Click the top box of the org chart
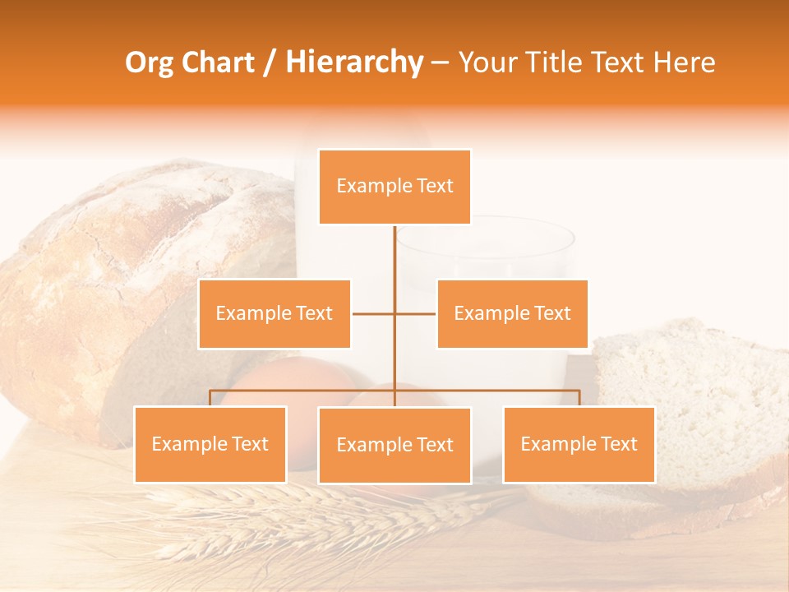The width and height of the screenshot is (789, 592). pos(394,187)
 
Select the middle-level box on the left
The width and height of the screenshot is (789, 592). pos(275,313)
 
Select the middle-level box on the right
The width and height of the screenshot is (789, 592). pos(512,313)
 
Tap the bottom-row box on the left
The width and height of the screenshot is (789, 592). pos(210,444)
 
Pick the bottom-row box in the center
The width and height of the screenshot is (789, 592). pos(394,445)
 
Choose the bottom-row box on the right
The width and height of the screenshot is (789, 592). pos(579,444)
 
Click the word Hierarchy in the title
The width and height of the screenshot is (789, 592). pos(354,62)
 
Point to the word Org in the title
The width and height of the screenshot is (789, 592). pos(149,62)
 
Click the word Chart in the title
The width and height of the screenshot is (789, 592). pos(217,62)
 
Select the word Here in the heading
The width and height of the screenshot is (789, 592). pos(684,62)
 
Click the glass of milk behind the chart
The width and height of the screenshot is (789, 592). pos(493,255)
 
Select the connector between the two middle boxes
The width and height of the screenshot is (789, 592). pos(394,313)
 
